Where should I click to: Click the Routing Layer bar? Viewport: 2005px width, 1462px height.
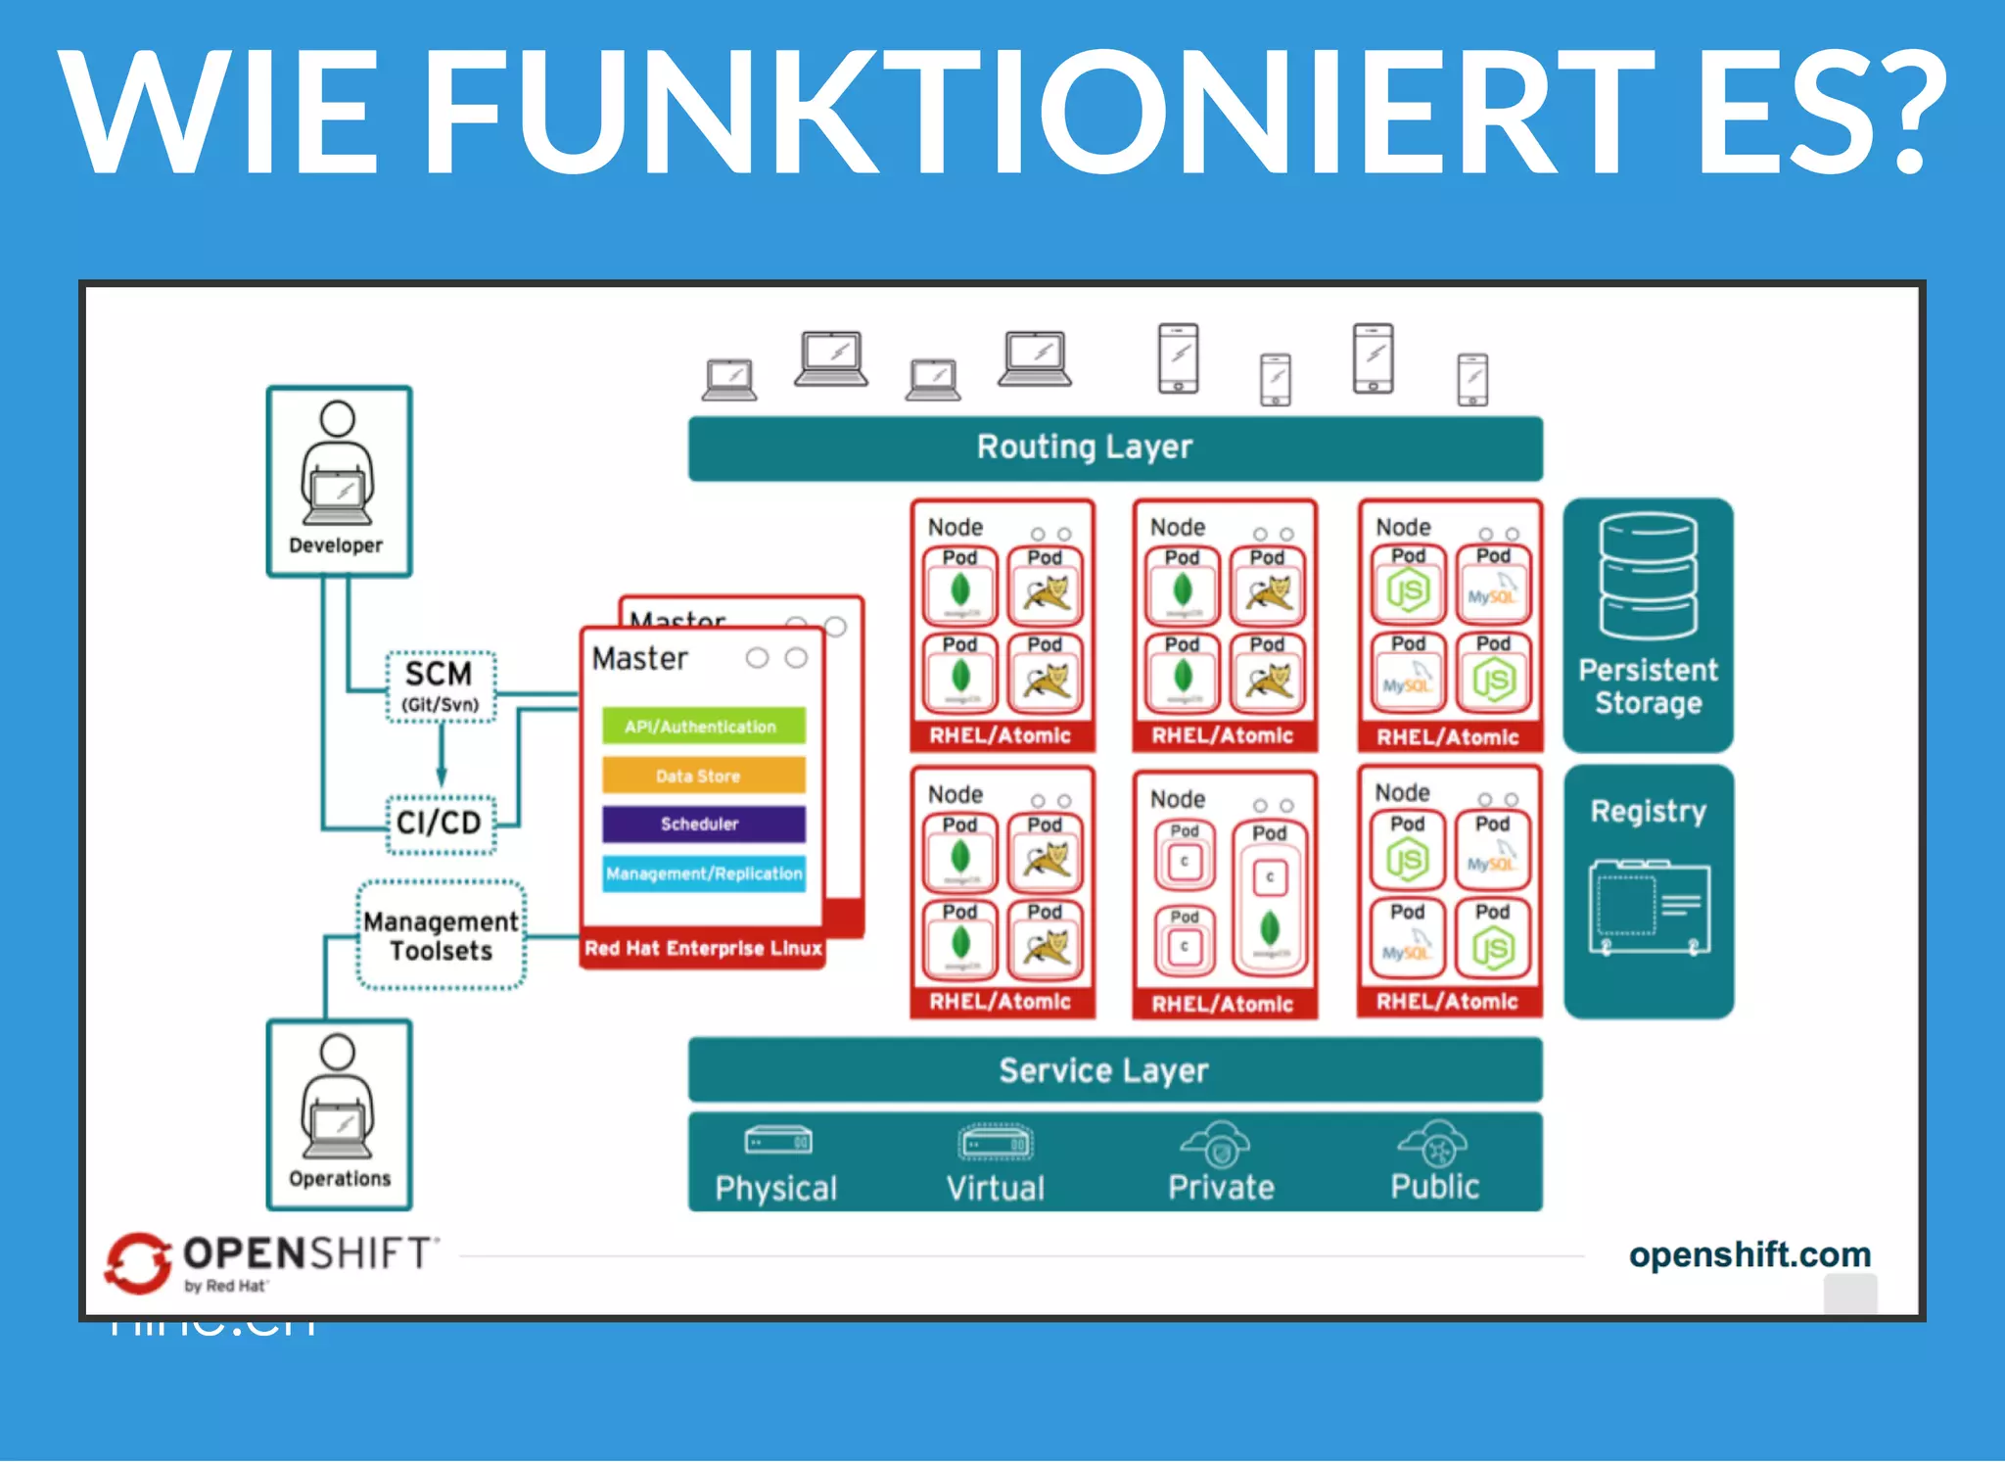1115,448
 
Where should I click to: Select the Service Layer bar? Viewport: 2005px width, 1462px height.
1115,1070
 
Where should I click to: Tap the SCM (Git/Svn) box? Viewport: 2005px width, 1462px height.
441,686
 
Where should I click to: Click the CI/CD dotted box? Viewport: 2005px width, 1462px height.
440,823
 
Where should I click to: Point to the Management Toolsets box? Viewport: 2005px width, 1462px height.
441,935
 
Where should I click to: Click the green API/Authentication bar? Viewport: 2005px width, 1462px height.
703,726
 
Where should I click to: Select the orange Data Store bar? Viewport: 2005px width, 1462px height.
703,776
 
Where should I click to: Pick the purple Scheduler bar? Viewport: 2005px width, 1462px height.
703,824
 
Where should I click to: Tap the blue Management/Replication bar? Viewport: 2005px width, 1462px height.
703,872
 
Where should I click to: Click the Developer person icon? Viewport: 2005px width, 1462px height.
338,464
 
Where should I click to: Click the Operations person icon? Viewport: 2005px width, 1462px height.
338,1098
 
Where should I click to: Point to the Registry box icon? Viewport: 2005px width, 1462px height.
1649,907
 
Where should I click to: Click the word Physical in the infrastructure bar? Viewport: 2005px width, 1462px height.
775,1188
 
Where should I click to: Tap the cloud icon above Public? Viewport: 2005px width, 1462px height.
1433,1143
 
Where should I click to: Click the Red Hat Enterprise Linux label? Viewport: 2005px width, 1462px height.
703,948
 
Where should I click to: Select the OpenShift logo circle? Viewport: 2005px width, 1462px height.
138,1261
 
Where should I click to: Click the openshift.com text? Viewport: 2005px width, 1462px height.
1749,1254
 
